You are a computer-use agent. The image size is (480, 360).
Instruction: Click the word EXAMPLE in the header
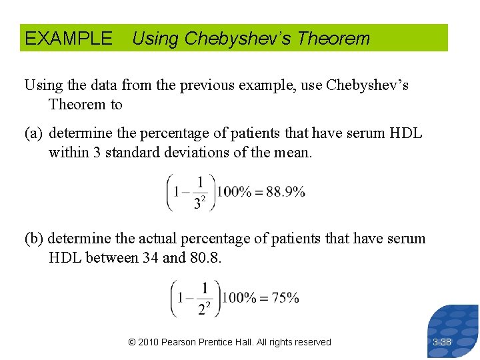[69, 39]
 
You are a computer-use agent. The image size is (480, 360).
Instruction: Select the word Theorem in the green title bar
[333, 39]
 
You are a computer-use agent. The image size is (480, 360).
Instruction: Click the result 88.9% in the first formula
[285, 192]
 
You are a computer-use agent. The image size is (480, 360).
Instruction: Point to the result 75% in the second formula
[284, 297]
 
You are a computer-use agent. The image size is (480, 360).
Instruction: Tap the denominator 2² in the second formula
[204, 308]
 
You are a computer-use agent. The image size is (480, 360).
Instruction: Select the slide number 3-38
[441, 342]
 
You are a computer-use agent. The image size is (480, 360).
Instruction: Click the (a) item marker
[34, 133]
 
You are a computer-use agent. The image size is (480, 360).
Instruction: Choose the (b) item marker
[34, 239]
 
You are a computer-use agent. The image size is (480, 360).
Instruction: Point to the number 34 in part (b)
[151, 257]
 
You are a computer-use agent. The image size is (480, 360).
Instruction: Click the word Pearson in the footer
[182, 342]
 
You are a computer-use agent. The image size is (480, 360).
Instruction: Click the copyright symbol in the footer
[132, 342]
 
